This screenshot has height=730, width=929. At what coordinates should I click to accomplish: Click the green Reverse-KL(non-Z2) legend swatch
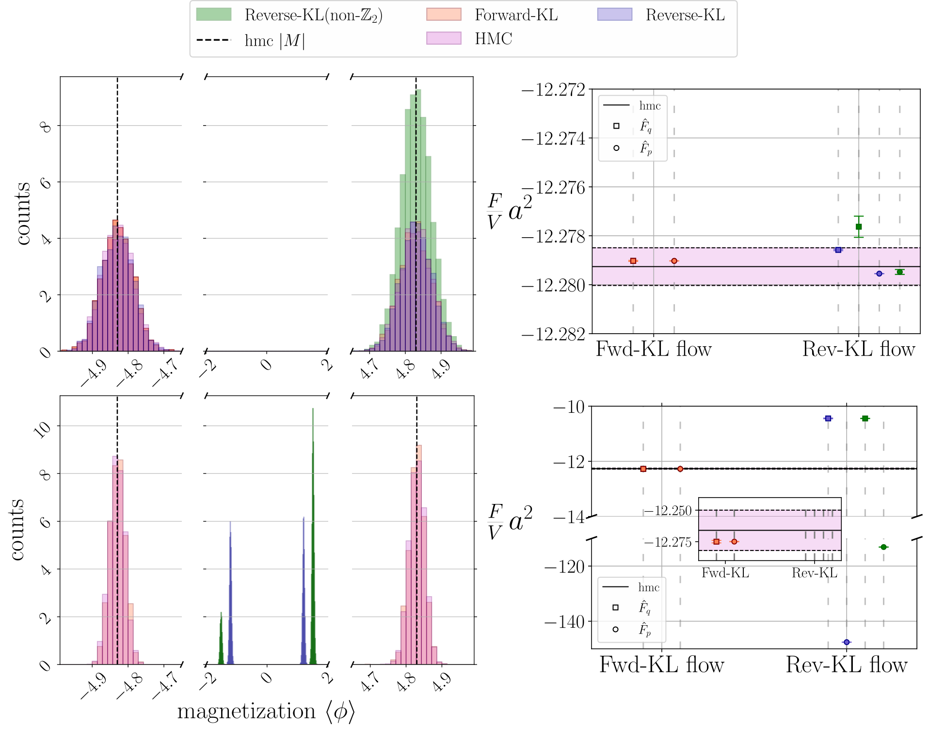point(214,15)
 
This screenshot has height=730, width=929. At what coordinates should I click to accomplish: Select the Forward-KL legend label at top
point(516,15)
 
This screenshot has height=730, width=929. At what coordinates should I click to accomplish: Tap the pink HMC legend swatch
point(444,38)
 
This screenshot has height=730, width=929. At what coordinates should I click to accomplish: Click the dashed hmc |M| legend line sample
point(214,40)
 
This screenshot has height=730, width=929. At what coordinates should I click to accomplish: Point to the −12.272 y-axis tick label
point(553,90)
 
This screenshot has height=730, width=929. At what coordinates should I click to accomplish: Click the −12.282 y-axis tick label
point(553,334)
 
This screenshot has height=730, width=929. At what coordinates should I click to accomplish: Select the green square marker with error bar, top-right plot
point(859,227)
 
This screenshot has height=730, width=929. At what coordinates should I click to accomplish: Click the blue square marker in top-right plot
point(838,250)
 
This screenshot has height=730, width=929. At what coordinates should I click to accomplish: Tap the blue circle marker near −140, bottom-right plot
point(847,642)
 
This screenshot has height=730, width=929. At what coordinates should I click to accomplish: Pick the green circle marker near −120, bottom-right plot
point(883,547)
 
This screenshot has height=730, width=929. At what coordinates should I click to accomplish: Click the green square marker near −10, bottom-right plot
point(865,418)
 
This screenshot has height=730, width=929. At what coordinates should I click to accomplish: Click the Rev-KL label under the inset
point(815,573)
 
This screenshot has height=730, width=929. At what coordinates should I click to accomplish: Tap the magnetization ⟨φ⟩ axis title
point(266,711)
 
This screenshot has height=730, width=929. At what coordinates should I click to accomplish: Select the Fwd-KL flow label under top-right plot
point(654,349)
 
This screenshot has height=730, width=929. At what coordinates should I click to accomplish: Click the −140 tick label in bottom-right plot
point(565,621)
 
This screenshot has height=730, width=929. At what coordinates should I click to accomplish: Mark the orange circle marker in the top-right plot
point(674,261)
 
